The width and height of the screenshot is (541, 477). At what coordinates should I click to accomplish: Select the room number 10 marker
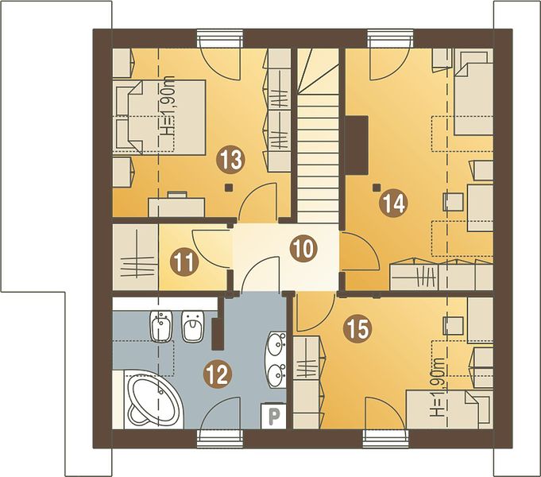click(303, 249)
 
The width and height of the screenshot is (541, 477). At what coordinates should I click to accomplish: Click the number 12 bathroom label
click(217, 374)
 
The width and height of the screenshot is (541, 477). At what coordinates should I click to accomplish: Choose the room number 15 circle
click(357, 329)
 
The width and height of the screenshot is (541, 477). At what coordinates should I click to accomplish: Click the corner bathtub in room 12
click(153, 400)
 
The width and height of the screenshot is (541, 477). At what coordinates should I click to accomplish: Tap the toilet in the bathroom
click(192, 326)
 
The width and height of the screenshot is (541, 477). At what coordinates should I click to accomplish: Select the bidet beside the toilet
click(161, 326)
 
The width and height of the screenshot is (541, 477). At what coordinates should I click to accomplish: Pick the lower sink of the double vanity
click(276, 374)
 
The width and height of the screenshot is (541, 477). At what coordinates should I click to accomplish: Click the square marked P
click(273, 414)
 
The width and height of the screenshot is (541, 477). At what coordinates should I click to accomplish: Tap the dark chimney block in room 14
click(357, 145)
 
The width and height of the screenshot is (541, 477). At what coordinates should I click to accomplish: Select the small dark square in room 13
click(228, 188)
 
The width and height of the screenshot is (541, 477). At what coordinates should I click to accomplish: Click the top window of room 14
click(390, 39)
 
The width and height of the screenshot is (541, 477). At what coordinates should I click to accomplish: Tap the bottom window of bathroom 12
click(221, 439)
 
